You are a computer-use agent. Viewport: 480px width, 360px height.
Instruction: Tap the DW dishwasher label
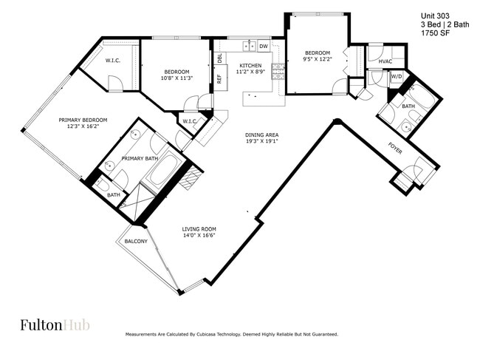coord(263,47)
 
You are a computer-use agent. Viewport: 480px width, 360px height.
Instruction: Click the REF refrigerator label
coord(219,78)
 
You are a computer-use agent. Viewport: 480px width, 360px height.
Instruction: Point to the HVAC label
coord(385,61)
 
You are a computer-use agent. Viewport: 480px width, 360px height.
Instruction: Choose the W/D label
coord(396,76)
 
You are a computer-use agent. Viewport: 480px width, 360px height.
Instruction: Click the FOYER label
coord(395,148)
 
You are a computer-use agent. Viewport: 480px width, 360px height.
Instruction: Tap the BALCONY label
coord(136,242)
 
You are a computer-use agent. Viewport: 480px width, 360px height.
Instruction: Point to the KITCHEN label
coord(250,65)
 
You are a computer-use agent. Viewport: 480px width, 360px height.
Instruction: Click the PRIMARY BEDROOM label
coord(83,120)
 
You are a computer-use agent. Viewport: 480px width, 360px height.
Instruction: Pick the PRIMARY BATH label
coord(140,158)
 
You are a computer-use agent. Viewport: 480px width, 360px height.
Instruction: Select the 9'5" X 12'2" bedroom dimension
coord(318,61)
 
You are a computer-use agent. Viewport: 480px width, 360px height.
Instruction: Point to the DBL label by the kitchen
coord(219,58)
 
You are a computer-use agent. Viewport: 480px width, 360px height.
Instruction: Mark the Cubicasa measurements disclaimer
coord(232,334)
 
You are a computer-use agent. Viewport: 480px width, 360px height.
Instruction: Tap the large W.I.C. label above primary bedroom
coord(113,61)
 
